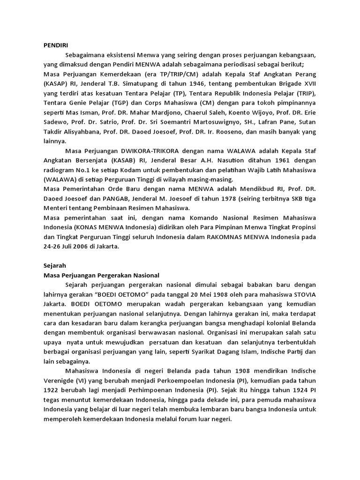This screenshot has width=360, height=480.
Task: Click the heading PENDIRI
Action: coord(55,45)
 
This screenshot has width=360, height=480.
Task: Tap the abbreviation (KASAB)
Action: coord(125,161)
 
